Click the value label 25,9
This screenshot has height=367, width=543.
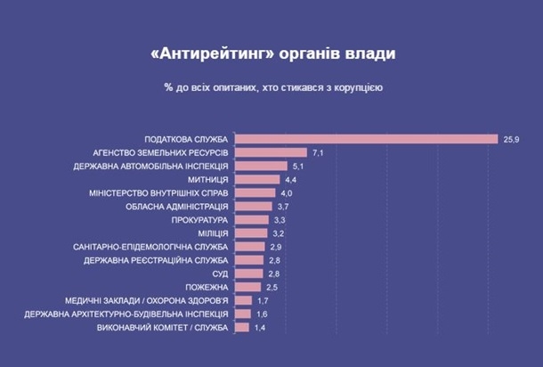pos(512,139)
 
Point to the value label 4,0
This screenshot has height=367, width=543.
pos(286,192)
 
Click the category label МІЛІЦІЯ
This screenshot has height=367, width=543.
pos(210,232)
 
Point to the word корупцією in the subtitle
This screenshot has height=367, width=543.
pos(356,88)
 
